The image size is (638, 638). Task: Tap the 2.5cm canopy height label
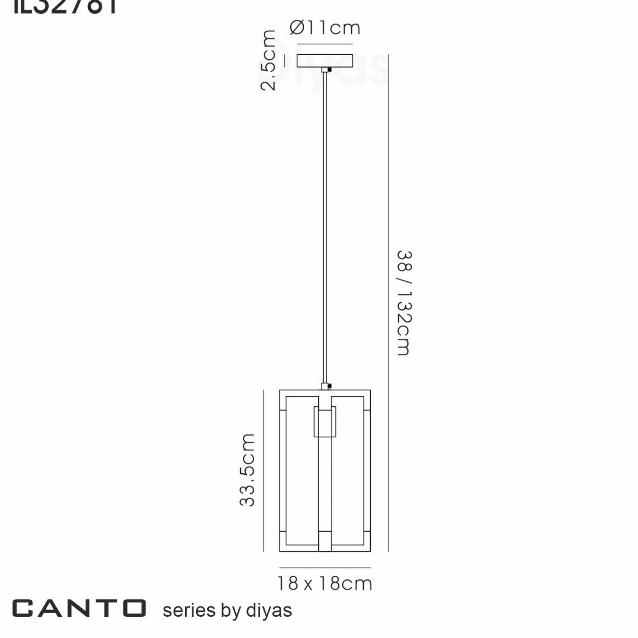268,60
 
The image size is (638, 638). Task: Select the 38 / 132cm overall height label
404,303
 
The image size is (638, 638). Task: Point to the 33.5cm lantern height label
247,470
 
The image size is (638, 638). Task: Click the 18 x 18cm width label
325,583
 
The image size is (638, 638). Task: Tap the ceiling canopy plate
325,61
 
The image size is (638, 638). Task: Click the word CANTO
79,608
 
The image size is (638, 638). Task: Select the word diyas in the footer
269,610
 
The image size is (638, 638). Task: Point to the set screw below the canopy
329,70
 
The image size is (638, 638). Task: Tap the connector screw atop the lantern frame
330,386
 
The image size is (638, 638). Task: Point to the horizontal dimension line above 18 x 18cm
325,568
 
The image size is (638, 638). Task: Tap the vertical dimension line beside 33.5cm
263,470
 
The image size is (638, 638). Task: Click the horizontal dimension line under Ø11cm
325,44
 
